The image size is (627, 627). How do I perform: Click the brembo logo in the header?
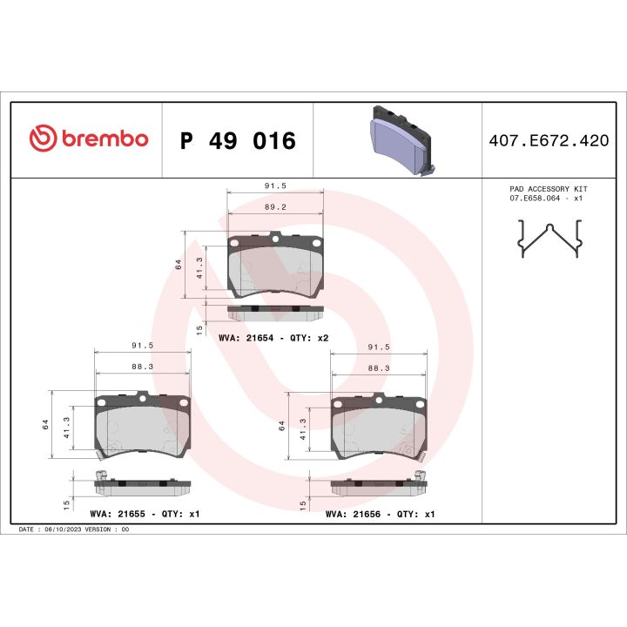89,139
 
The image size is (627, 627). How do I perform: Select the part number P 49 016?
237,140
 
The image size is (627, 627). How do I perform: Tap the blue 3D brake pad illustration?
397,138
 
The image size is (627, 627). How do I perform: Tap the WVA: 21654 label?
246,337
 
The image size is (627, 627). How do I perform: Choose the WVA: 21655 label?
118,514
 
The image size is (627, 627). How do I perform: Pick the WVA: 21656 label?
354,514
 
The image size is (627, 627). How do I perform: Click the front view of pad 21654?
275,265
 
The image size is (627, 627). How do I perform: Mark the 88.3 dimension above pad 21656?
379,367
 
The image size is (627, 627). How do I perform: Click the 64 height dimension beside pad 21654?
178,265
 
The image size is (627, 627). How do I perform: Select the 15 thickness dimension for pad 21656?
302,504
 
